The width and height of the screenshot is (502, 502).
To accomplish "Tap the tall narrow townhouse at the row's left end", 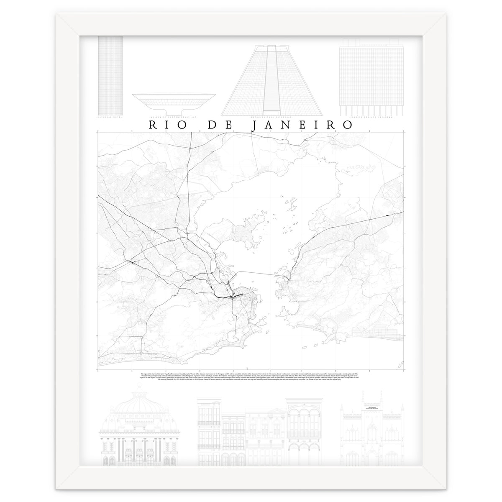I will pos(209,431).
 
